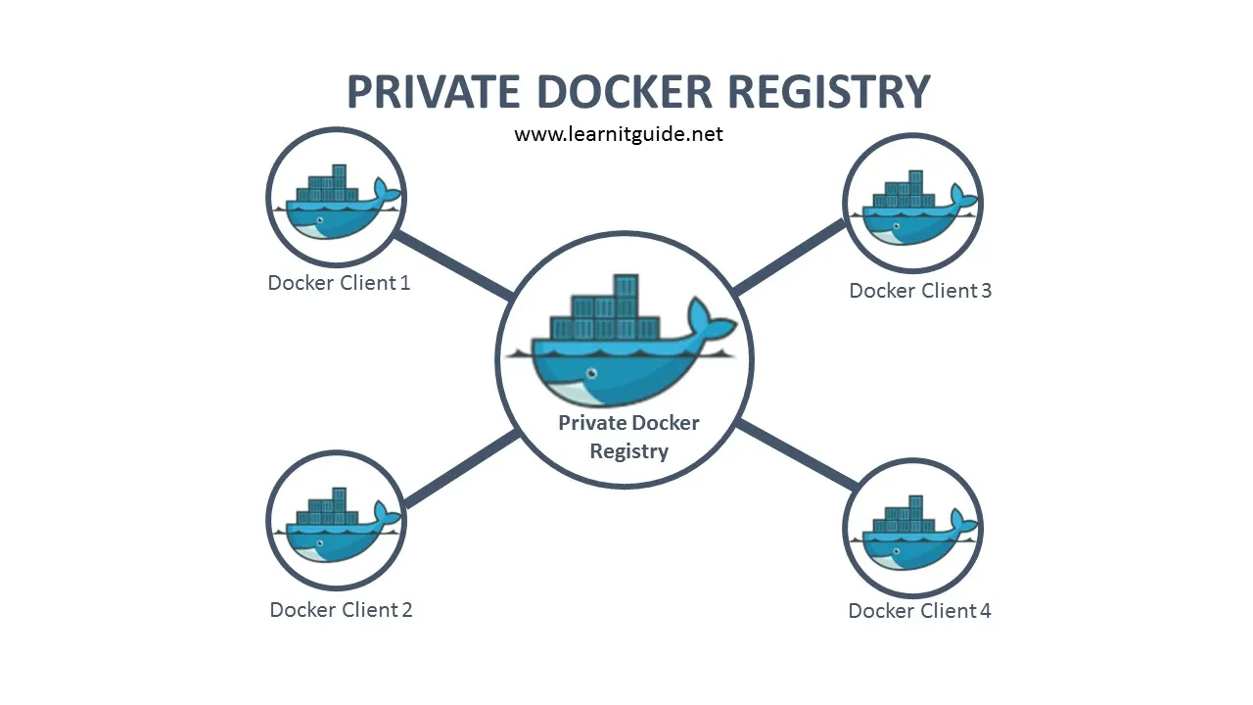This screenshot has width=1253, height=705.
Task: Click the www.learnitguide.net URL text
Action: point(619,134)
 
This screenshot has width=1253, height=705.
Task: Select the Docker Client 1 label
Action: point(339,283)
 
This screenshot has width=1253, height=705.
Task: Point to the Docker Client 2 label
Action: point(341,610)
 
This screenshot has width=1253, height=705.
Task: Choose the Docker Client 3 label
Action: point(919,291)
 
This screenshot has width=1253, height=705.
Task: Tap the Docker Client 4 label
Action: point(919,611)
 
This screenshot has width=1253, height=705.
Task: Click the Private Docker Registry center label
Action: point(628,438)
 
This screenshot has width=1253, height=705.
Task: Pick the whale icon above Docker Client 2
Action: point(337,528)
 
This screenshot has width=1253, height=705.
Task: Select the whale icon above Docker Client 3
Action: point(912,207)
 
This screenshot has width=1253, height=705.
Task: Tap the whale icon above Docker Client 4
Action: point(912,532)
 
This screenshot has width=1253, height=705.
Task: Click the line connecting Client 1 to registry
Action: point(453,265)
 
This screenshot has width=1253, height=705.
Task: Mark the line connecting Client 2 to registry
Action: point(461,470)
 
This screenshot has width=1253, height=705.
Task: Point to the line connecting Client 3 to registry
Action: point(789,257)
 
